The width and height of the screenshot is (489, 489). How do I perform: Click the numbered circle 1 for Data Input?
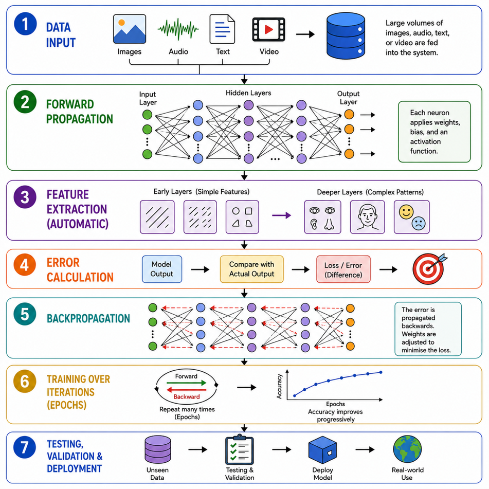click(x=25, y=24)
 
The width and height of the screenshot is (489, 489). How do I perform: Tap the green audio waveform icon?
click(x=178, y=29)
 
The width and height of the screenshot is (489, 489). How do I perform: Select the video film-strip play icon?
click(x=268, y=29)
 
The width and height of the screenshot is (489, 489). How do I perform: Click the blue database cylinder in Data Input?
click(x=346, y=36)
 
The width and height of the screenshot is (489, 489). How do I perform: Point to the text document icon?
click(x=222, y=29)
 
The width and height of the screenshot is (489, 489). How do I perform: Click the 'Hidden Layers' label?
click(x=248, y=93)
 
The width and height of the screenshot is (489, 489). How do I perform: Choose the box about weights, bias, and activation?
click(x=434, y=132)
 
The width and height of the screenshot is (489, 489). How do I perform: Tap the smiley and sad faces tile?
click(x=412, y=217)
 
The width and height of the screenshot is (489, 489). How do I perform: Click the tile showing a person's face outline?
click(x=367, y=217)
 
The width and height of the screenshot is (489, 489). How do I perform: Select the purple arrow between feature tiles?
click(x=281, y=215)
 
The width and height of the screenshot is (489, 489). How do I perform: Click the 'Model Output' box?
click(x=162, y=269)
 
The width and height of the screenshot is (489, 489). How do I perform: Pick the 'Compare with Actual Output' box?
click(x=251, y=269)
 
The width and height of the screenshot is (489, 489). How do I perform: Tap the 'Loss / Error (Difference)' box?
click(x=343, y=270)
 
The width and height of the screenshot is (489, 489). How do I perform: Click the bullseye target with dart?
click(x=429, y=268)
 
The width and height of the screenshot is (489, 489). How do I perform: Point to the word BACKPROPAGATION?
click(x=88, y=318)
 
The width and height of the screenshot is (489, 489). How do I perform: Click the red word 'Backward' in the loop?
click(x=187, y=396)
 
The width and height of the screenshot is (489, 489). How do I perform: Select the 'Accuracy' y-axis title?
click(x=279, y=386)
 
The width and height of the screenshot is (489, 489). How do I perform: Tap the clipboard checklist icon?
click(x=240, y=449)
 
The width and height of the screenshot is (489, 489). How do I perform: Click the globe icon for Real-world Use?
click(x=407, y=449)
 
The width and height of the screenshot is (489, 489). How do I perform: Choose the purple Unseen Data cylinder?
click(x=158, y=449)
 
